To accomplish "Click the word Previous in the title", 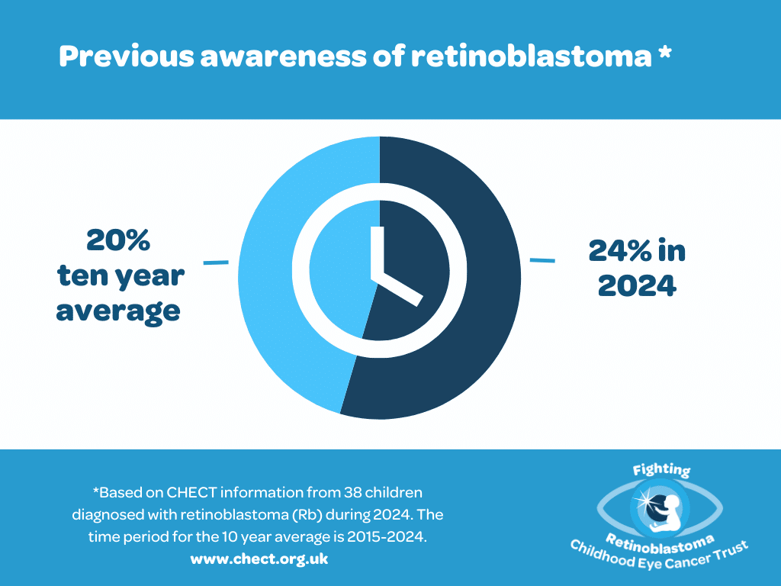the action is (x=127, y=56).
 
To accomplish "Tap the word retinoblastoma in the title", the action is (x=531, y=56).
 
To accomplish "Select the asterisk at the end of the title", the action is (x=664, y=53).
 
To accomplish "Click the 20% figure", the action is (x=118, y=240).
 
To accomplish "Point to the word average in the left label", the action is (x=118, y=311).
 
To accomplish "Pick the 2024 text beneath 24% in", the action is (x=637, y=285).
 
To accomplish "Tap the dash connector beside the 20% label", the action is (x=216, y=262).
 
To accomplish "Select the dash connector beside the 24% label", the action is (x=542, y=260).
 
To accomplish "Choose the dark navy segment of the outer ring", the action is (x=493, y=279).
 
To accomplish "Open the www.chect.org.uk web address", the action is (x=259, y=559).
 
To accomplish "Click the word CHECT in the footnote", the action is (x=191, y=492).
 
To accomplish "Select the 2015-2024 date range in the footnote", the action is (x=387, y=536).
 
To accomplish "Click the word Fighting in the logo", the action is (x=661, y=469).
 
